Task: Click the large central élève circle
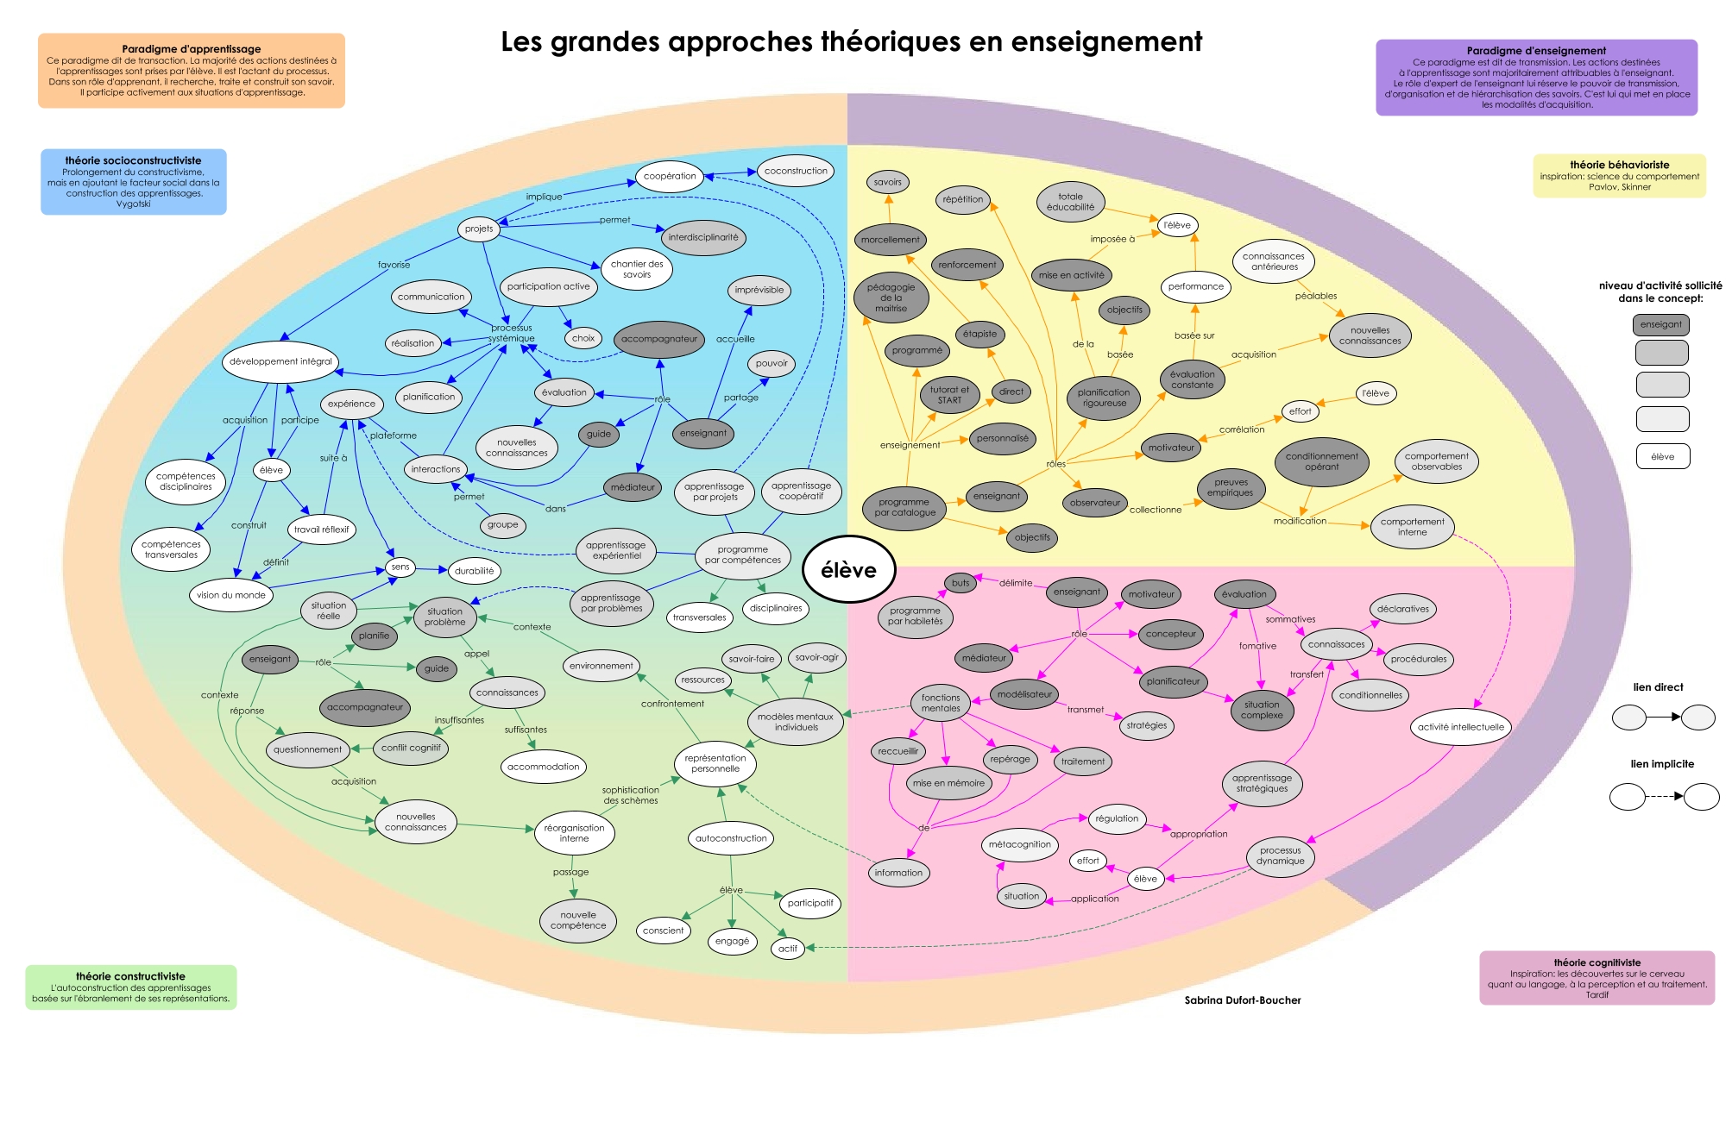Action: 848,570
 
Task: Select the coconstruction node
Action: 795,171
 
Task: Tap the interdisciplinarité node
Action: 703,237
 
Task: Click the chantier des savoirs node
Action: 637,269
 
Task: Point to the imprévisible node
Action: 759,290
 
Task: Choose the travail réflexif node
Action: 321,530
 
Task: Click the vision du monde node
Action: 231,595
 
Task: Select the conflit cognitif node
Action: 411,748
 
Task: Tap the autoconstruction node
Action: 731,838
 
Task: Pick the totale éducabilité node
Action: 1070,202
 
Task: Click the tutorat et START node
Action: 949,395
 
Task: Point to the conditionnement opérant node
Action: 1321,461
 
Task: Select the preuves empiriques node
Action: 1231,487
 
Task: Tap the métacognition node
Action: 1019,844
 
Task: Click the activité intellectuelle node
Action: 1460,727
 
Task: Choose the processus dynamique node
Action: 1280,855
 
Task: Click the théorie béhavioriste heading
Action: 1619,165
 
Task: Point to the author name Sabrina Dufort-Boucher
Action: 1242,1000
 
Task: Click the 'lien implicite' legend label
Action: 1661,764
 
